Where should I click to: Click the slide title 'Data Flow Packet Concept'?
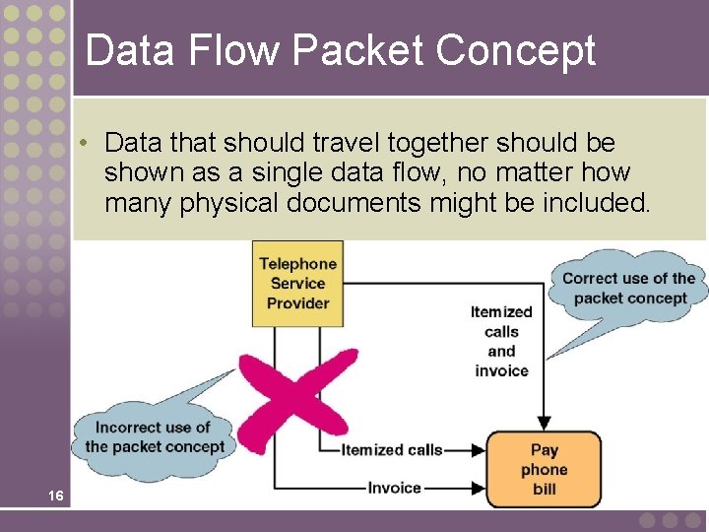341,50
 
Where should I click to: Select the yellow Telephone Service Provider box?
297,284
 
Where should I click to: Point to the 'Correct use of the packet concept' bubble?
628,288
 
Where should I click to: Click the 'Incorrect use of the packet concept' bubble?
155,436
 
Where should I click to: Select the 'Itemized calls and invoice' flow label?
501,341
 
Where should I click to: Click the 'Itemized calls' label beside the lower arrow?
392,450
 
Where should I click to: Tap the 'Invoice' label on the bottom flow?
394,488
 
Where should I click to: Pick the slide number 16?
56,496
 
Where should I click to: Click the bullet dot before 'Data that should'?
87,143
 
